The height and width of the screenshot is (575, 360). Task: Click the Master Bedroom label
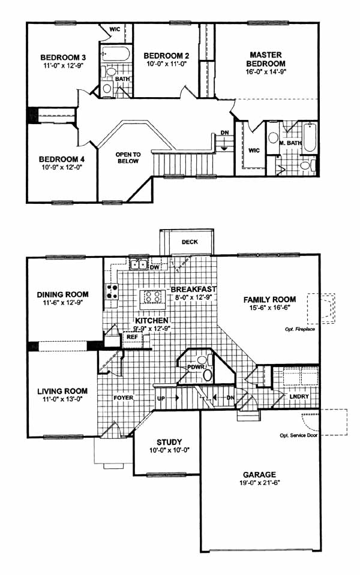coord(266,59)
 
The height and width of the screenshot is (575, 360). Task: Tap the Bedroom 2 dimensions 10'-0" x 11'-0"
coord(166,64)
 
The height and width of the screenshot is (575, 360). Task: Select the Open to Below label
coord(128,158)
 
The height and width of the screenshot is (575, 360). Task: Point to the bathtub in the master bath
coord(310,137)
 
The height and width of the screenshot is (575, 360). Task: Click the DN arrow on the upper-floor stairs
coord(224,144)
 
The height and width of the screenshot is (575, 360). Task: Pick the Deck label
coord(190,242)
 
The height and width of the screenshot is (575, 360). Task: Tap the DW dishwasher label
coord(154,267)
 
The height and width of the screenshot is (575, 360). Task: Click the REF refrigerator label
coord(133,336)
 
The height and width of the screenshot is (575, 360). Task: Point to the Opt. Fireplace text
coord(300,329)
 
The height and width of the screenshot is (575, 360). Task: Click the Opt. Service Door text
coord(298,435)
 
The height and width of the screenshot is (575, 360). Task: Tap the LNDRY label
coord(299,396)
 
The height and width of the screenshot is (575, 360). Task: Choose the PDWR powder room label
coord(193,367)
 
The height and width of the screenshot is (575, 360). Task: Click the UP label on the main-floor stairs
coord(161,398)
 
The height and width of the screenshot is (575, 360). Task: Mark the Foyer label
coord(124,398)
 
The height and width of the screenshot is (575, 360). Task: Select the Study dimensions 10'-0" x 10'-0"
coord(169,450)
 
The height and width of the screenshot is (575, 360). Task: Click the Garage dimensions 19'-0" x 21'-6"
coord(259,483)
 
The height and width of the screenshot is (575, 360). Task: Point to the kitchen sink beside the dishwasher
coord(139,264)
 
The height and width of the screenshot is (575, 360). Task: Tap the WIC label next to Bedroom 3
coord(115,29)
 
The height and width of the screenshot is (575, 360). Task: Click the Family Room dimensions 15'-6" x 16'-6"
coord(269,308)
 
